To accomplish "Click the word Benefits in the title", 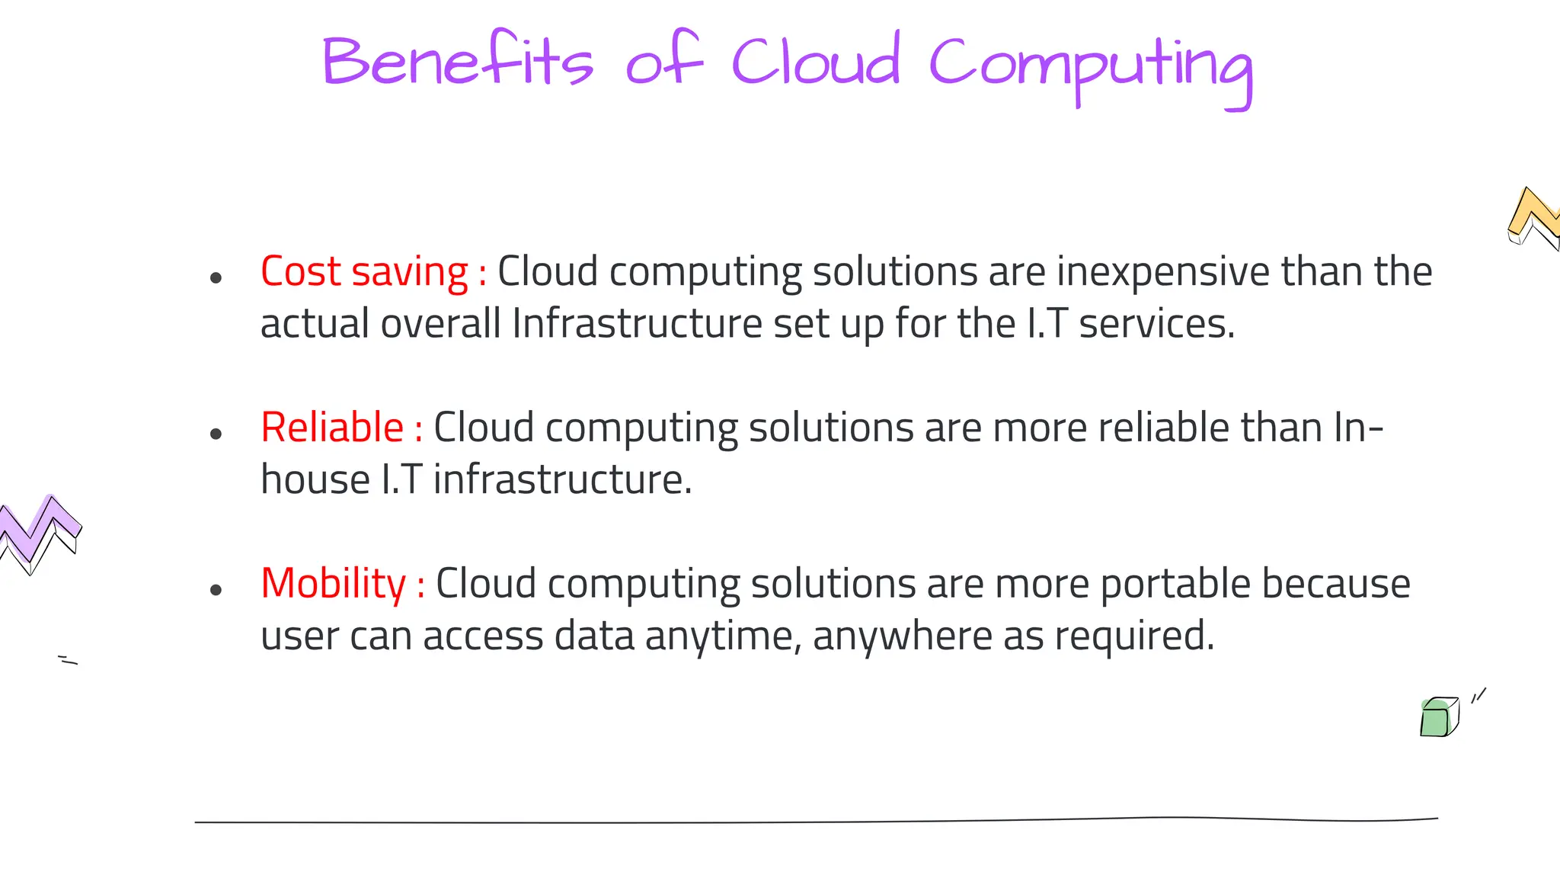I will [x=457, y=61].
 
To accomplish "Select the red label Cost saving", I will [x=364, y=271].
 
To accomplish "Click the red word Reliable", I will [x=332, y=427].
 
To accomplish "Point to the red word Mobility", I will [x=334, y=584].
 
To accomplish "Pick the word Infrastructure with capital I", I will [x=637, y=324].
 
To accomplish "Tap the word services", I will [x=1155, y=324].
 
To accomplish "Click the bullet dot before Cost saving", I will [x=216, y=278].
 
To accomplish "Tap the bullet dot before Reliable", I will [x=216, y=434].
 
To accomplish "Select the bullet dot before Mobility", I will [x=216, y=590].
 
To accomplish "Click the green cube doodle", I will [x=1438, y=717].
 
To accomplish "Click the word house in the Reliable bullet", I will [x=315, y=480].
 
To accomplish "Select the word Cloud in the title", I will [x=816, y=61].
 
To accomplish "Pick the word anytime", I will [x=722, y=636].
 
